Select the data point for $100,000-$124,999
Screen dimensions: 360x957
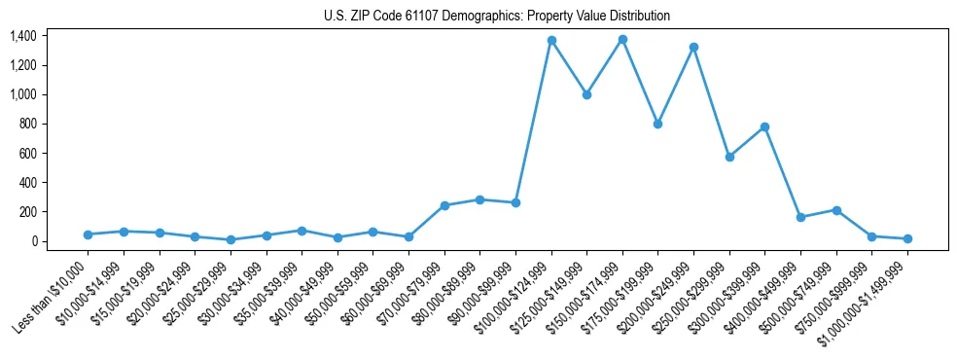551,41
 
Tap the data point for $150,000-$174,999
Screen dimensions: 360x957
622,40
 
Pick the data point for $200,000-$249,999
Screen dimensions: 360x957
693,47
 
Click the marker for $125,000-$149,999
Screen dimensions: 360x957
586,95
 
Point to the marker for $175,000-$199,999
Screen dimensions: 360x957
658,125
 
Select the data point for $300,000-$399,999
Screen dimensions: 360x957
764,126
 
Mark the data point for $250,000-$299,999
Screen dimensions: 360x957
729,157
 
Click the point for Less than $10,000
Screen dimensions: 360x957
89,234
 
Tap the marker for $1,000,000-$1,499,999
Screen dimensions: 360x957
907,238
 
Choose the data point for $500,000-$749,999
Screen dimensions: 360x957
836,210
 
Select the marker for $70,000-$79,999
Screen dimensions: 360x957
444,205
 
